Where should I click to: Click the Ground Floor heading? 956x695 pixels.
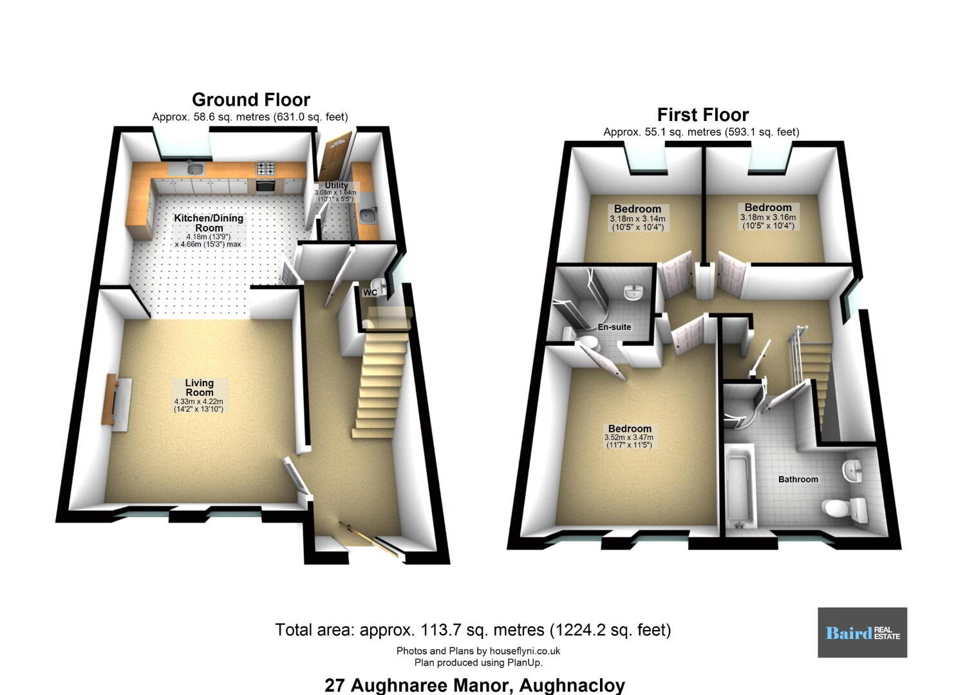coord(251,100)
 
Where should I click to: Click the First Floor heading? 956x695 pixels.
coord(702,115)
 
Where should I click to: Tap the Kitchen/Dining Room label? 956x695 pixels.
coord(209,223)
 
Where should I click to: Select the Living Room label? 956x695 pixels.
coord(200,387)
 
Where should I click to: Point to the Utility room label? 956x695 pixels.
coord(336,185)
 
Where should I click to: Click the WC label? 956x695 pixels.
coord(370,293)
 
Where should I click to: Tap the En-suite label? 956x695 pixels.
coord(614,327)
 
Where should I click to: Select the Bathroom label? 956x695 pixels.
coord(798,479)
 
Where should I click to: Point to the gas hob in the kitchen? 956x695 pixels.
coord(267,168)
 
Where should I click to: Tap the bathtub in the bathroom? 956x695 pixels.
coord(740,485)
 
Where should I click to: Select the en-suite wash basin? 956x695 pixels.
coord(634,293)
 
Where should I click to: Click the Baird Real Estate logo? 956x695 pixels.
coord(862,633)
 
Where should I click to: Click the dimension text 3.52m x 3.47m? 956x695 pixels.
coord(629,438)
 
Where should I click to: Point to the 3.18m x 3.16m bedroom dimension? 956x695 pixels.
coord(768,217)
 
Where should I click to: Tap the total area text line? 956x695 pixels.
coord(473,630)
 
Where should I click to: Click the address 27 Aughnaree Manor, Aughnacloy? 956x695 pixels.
coord(474,685)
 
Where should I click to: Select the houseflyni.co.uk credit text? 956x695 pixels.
coord(478,651)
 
